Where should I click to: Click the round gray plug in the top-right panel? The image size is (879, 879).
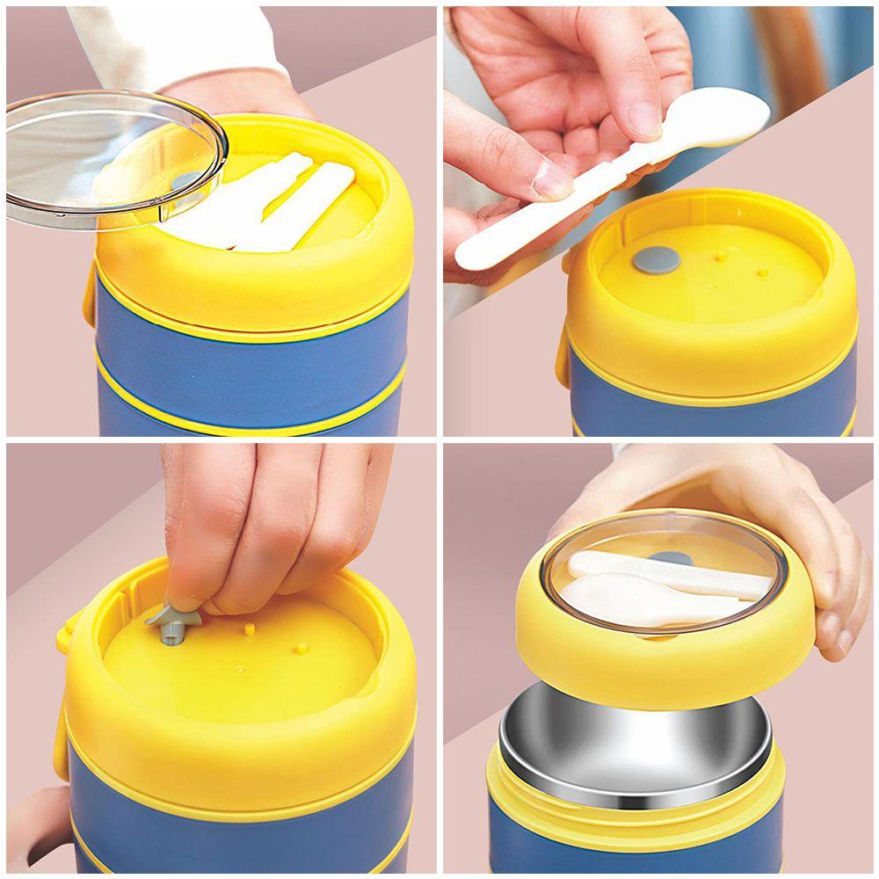pos(657,259)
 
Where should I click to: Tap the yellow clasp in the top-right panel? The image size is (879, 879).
pos(563,352)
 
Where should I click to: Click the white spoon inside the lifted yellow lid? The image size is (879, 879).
pos(650,598)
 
